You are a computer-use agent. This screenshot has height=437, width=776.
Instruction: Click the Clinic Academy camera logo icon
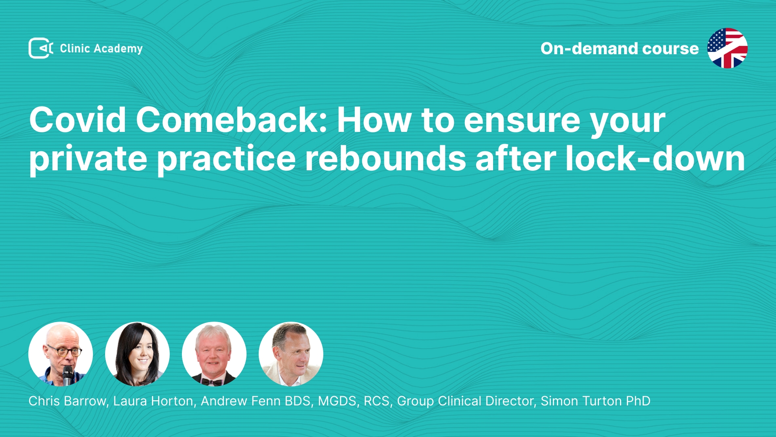coord(41,48)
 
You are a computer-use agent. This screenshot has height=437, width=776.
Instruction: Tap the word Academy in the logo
coord(118,49)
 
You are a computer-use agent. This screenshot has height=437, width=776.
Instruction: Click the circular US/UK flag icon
coord(727,48)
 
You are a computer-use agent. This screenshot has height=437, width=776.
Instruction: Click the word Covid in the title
coord(78,120)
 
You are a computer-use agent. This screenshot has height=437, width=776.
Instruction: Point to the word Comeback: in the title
coord(232,120)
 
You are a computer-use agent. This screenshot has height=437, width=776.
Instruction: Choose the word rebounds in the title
coord(386,158)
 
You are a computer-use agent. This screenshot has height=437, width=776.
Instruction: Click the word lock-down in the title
coord(655,158)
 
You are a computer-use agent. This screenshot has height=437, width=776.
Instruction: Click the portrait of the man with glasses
coord(61,354)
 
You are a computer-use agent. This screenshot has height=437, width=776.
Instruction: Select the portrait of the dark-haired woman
coord(137,354)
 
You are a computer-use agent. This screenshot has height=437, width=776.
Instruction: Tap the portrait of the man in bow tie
coord(214,354)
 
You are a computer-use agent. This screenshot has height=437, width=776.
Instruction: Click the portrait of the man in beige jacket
coord(291,354)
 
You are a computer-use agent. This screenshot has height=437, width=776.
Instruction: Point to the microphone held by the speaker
coord(68,375)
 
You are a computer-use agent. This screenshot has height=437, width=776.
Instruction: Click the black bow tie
coord(212,382)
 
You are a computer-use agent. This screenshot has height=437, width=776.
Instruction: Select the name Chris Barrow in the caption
coord(67,401)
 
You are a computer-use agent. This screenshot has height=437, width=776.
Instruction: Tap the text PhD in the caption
coord(638,401)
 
